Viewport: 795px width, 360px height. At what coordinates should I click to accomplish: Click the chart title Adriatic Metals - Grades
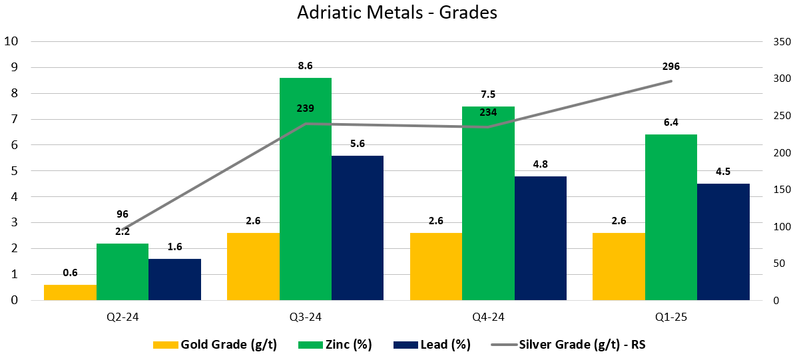coord(397,13)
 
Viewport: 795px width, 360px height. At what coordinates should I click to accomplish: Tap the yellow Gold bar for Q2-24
coord(70,293)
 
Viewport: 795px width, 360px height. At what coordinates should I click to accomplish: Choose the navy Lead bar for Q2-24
coord(174,279)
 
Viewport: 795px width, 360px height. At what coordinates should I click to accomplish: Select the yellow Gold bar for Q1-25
coord(619,267)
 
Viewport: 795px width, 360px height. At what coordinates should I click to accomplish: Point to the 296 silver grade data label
coord(671,66)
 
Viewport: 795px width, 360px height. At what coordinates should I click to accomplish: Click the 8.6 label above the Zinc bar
coord(306,66)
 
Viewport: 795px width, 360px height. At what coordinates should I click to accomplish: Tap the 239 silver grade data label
coord(306,108)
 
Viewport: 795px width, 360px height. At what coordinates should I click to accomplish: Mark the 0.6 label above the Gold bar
coord(70,272)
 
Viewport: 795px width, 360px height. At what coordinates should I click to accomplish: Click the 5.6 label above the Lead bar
coord(358,143)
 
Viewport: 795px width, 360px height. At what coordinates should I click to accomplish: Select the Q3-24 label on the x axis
coord(306,317)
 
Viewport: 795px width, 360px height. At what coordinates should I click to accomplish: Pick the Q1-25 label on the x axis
coord(671,317)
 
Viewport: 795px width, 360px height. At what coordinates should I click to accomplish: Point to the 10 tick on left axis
coord(11,41)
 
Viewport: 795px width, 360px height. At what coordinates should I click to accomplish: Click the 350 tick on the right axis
coord(780,41)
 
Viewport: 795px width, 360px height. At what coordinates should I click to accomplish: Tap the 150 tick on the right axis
coord(780,190)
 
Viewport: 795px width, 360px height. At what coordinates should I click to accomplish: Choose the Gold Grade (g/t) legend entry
coord(215,345)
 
